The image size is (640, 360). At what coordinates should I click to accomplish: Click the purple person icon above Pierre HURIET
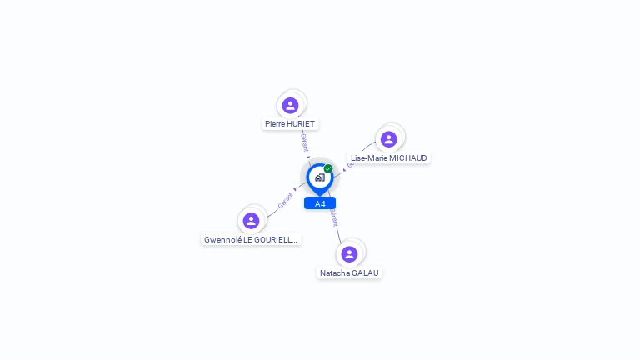(x=290, y=105)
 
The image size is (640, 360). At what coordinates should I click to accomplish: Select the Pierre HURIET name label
(x=290, y=123)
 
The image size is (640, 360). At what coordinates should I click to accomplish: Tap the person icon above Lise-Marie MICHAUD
(x=388, y=139)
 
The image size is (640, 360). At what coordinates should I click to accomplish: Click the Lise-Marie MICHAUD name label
(x=389, y=157)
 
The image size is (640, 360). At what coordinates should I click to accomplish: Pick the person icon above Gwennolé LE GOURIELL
(x=251, y=221)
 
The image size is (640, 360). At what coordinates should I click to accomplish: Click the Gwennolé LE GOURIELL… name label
(x=251, y=239)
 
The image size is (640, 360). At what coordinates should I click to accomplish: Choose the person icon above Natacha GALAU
(x=349, y=253)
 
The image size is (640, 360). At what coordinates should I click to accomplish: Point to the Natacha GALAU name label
(x=349, y=272)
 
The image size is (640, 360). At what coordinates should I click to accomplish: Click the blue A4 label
(x=320, y=203)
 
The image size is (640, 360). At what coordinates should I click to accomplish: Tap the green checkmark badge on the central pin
(x=328, y=168)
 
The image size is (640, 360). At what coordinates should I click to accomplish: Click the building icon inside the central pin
(x=319, y=177)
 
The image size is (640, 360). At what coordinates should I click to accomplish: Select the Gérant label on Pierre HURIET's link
(x=305, y=142)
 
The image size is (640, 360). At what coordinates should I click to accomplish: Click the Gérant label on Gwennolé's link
(x=285, y=200)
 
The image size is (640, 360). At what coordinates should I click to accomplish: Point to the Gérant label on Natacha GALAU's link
(x=334, y=218)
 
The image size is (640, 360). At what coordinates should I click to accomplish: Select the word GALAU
(x=365, y=272)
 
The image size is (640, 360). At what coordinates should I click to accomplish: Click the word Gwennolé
(x=222, y=239)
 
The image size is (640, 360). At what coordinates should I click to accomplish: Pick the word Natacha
(x=334, y=272)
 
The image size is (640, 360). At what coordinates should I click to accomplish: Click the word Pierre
(x=275, y=123)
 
